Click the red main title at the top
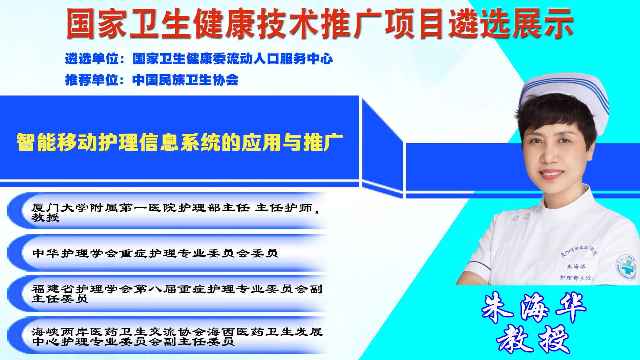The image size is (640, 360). point(320,23)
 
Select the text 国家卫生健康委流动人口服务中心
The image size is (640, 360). point(233,59)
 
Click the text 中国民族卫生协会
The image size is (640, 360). point(185,80)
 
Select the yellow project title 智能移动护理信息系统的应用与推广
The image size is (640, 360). point(180,142)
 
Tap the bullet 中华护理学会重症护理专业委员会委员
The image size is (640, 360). point(155,253)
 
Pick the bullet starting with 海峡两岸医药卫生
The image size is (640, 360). point(177,336)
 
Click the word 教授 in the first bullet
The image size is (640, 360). point(45,217)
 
